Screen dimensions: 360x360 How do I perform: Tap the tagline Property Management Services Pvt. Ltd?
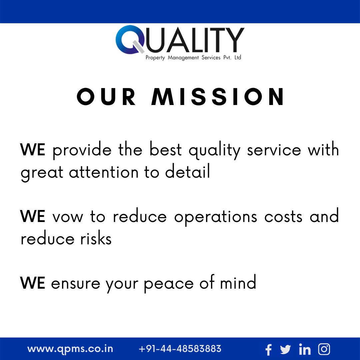coord(193,58)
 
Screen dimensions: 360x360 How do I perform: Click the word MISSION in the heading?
coord(218,97)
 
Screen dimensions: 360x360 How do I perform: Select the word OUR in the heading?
coord(106,97)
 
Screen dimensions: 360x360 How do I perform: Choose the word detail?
coord(188,172)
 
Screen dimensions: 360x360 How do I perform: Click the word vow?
coord(68,217)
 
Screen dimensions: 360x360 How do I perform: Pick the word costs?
coord(284,217)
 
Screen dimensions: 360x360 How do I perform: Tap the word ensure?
coord(75,284)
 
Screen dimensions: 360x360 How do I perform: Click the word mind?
coord(238,283)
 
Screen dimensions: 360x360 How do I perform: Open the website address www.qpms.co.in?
coord(70,349)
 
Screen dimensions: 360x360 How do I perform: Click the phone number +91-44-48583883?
coord(180,349)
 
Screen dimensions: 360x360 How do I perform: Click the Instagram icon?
coord(324,349)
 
